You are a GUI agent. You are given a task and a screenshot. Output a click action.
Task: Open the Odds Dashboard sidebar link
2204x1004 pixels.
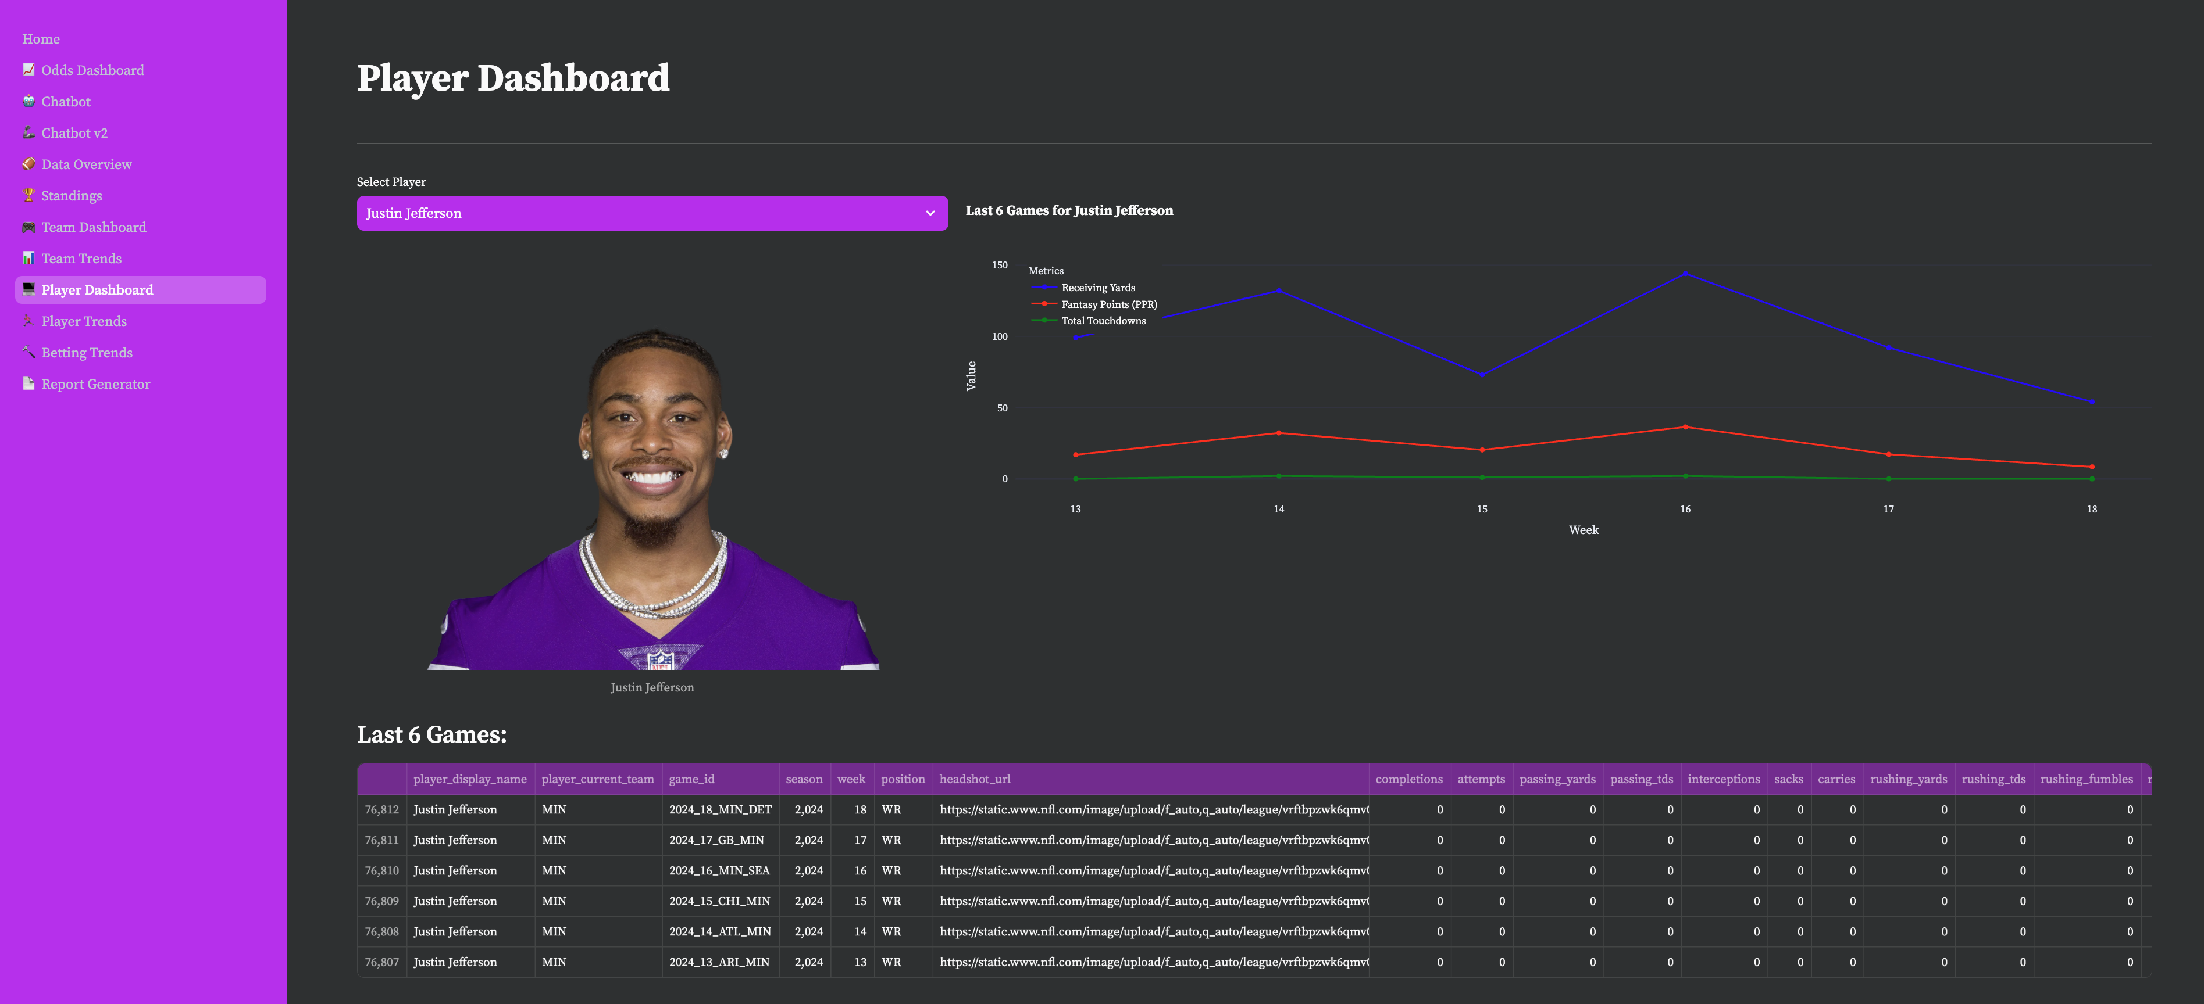[x=92, y=70]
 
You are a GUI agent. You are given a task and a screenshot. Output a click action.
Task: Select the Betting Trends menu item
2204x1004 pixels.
[x=87, y=352]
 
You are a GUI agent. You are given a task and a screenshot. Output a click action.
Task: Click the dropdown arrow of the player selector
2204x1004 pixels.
[x=930, y=213]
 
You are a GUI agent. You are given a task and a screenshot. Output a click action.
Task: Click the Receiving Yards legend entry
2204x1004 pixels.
[x=1098, y=288]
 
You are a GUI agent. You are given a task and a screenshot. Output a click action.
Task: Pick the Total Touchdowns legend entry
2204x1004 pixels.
[x=1103, y=321]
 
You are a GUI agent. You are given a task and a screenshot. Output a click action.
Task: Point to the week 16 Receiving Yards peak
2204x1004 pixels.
[x=1685, y=274]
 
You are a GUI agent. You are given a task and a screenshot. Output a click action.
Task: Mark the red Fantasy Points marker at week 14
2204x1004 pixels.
[x=1279, y=433]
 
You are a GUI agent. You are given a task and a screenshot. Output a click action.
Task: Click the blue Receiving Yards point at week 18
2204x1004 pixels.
[x=2092, y=402]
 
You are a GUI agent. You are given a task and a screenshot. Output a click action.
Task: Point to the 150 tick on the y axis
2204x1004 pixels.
[x=999, y=265]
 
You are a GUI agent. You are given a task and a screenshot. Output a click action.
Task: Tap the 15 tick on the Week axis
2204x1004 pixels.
[x=1482, y=509]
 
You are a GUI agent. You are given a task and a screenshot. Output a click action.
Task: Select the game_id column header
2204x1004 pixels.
[x=691, y=779]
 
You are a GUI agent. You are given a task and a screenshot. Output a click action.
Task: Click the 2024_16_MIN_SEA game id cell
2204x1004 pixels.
[x=719, y=870]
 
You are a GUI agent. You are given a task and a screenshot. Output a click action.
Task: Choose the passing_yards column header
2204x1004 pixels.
[x=1557, y=779]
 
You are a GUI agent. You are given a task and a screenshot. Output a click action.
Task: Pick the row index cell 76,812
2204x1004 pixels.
[x=381, y=810]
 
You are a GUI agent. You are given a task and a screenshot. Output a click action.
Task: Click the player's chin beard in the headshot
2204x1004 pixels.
[x=652, y=530]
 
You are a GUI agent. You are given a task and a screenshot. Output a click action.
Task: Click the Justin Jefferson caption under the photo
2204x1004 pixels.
[x=652, y=687]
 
